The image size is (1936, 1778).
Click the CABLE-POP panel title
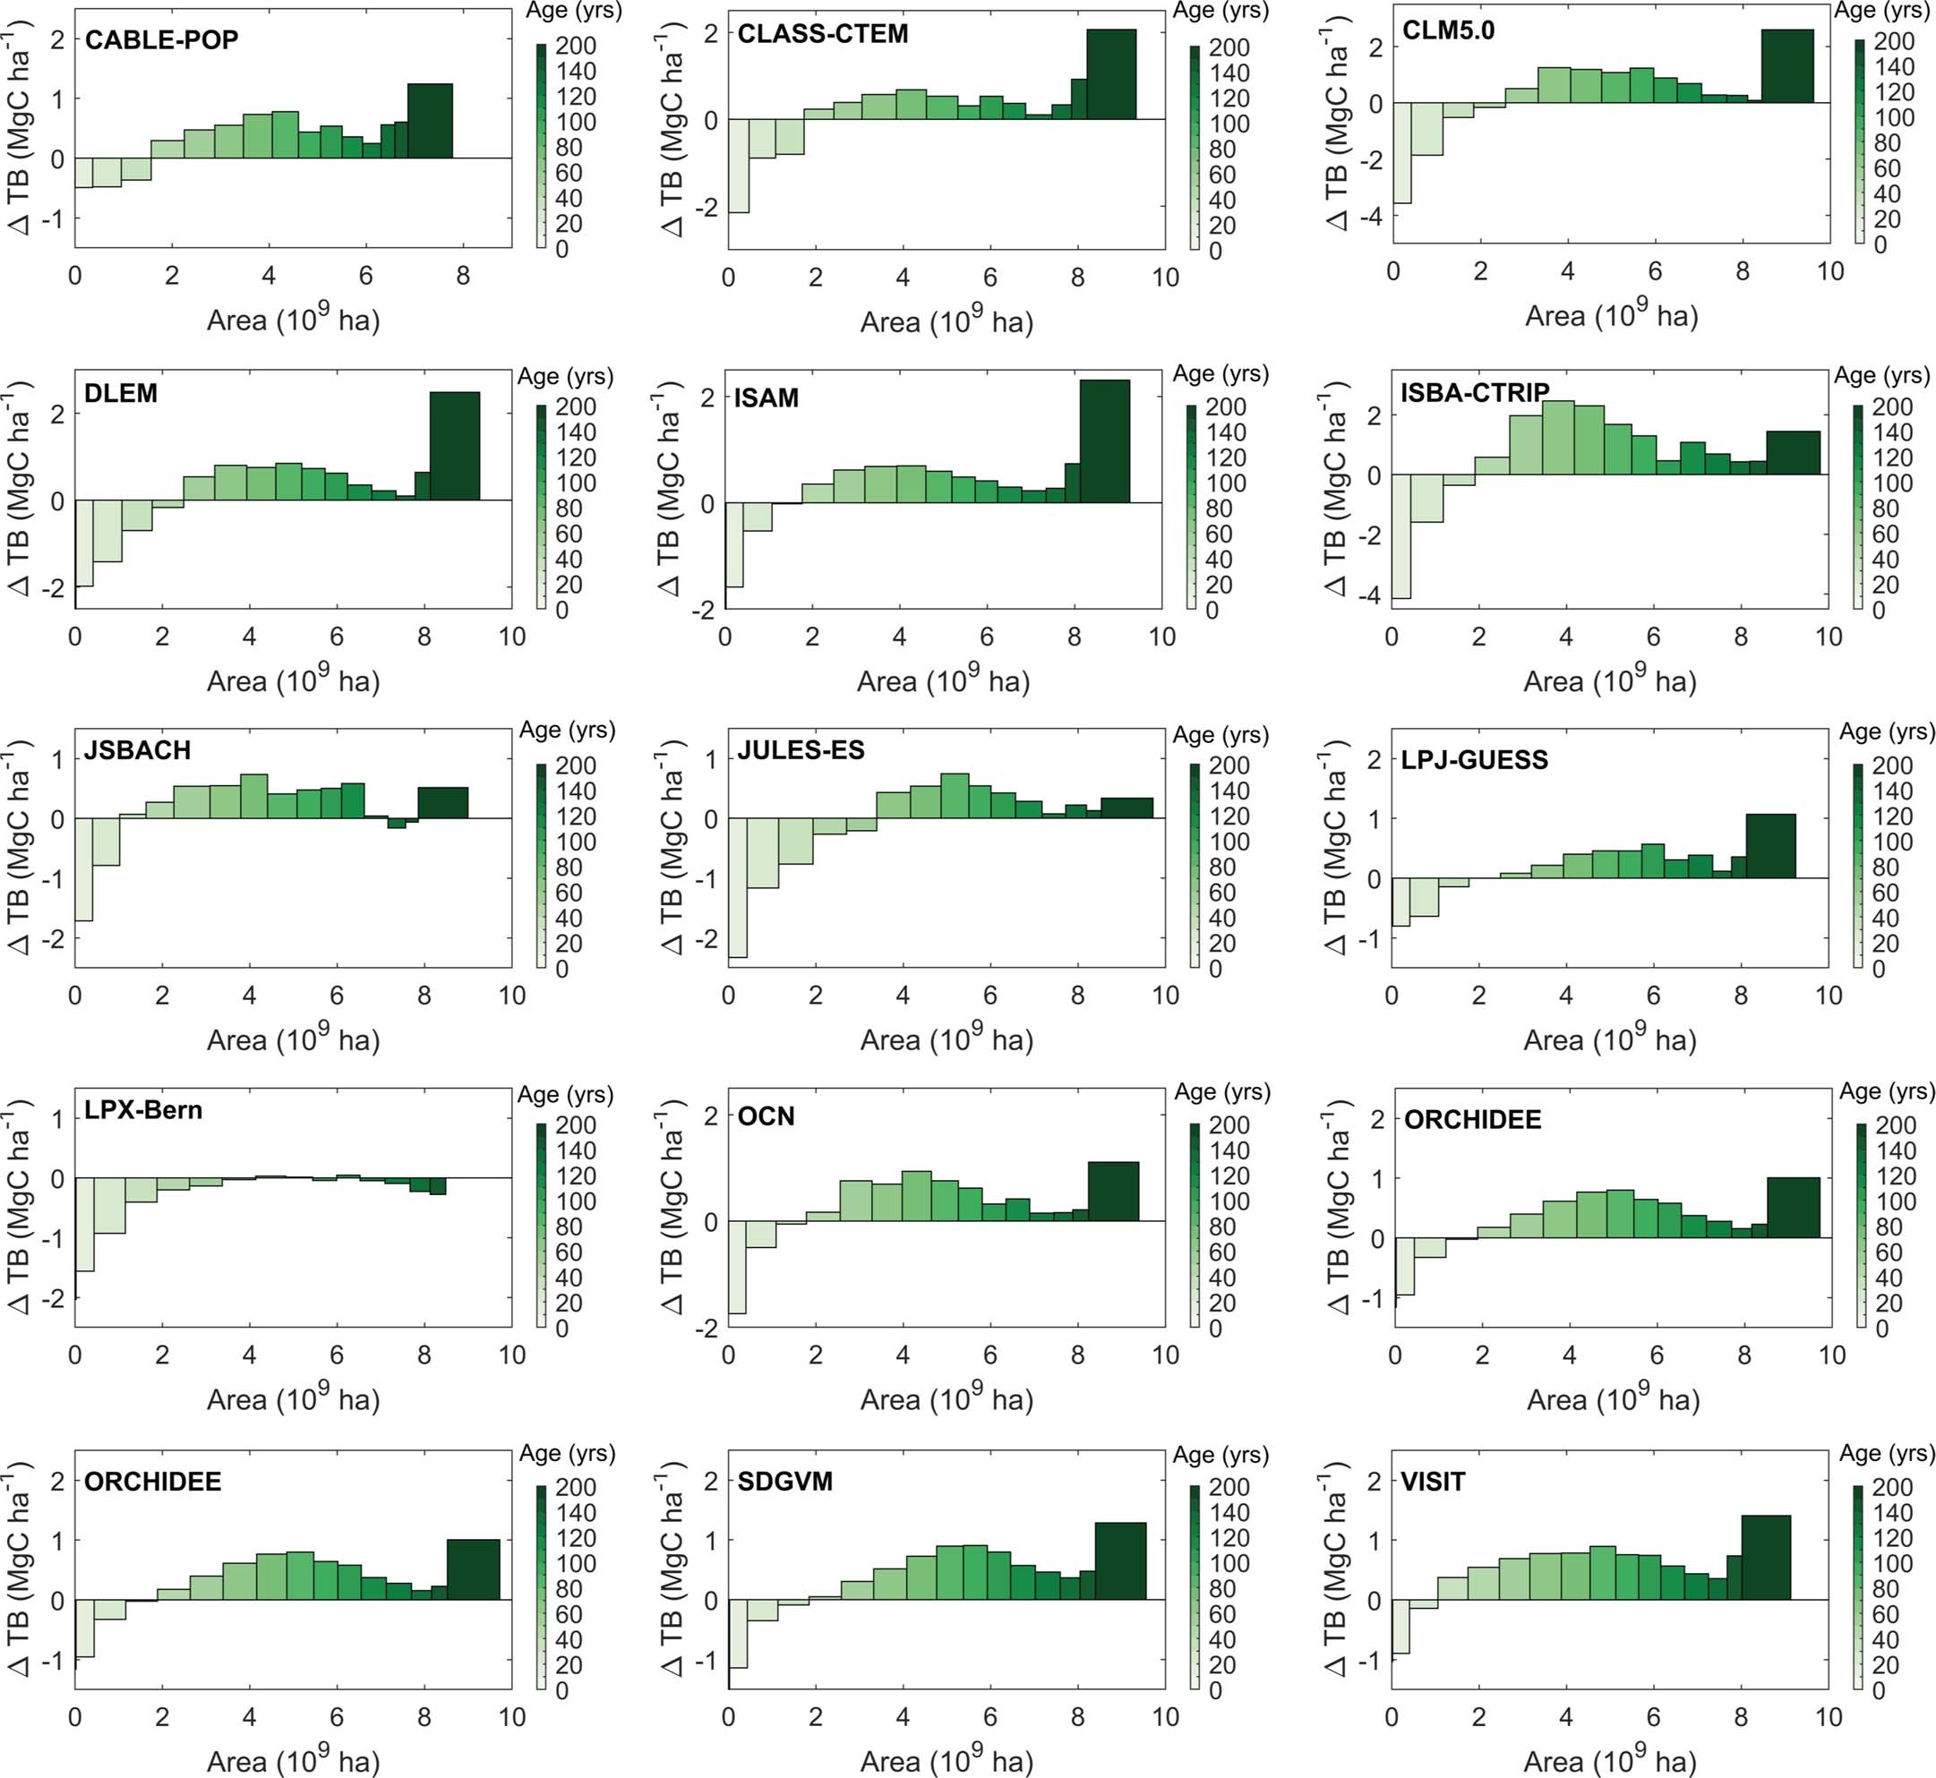tap(162, 40)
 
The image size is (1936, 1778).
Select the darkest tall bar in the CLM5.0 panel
tap(1786, 65)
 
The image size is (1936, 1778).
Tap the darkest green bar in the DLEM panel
tap(454, 446)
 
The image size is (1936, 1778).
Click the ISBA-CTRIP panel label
tap(1475, 392)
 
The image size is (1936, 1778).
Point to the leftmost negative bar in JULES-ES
tap(737, 887)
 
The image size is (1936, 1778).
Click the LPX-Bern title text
tap(143, 1110)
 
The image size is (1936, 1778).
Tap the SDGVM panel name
tap(785, 1482)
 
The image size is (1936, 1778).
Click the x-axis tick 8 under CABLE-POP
tap(463, 276)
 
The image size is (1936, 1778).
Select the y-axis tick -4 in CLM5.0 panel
tap(1370, 217)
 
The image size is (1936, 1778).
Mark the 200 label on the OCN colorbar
tap(1229, 1124)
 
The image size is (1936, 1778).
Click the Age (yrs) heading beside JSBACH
tap(567, 731)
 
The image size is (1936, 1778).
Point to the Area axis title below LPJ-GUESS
tap(1610, 1040)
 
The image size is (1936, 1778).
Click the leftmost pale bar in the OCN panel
tap(737, 1266)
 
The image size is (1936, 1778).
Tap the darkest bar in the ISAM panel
tap(1105, 440)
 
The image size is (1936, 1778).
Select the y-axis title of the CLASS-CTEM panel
tap(672, 134)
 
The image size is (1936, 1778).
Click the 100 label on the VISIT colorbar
tap(1892, 1563)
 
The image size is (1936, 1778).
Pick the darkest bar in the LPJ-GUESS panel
tap(1770, 846)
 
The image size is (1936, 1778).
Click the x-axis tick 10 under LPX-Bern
tap(512, 1355)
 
